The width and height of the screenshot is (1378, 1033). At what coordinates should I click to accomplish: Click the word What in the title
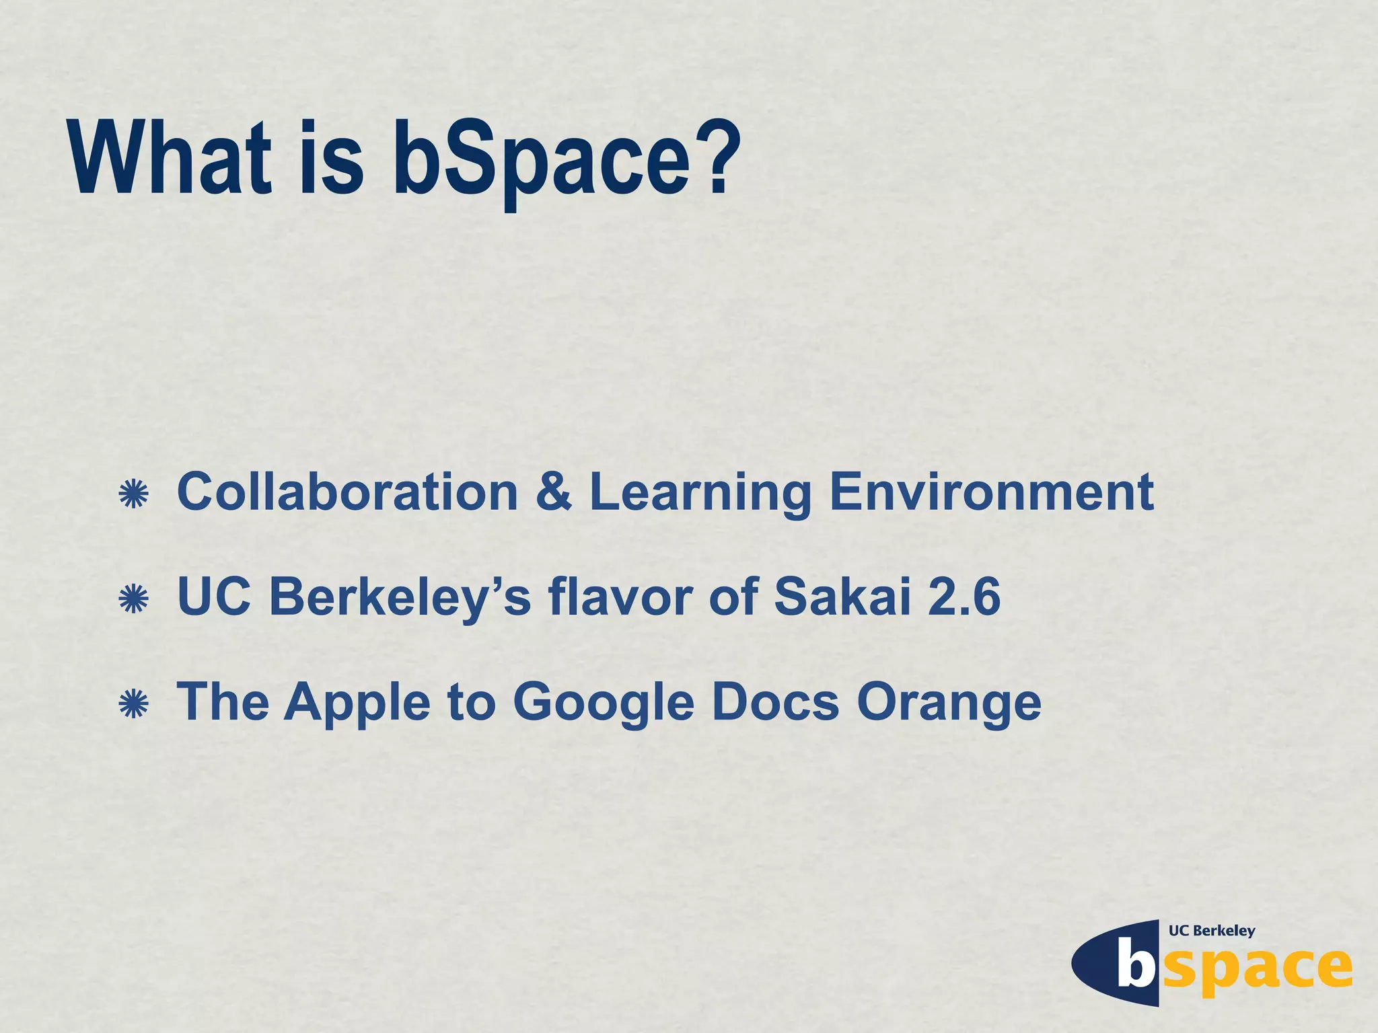coord(170,159)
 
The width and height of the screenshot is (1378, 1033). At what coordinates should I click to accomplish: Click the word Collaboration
coord(347,492)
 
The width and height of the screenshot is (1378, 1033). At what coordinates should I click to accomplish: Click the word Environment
coord(992,492)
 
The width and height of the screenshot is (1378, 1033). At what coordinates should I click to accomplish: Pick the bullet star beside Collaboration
coord(133,494)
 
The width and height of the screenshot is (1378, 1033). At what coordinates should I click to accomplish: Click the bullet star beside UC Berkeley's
coord(133,599)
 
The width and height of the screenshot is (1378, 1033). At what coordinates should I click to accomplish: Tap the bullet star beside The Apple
coord(133,703)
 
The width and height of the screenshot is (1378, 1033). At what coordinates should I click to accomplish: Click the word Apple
coord(357,703)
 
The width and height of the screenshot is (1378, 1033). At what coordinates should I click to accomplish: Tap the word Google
coord(603,703)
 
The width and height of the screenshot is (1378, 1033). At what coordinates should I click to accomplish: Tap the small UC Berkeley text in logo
coord(1212,931)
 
